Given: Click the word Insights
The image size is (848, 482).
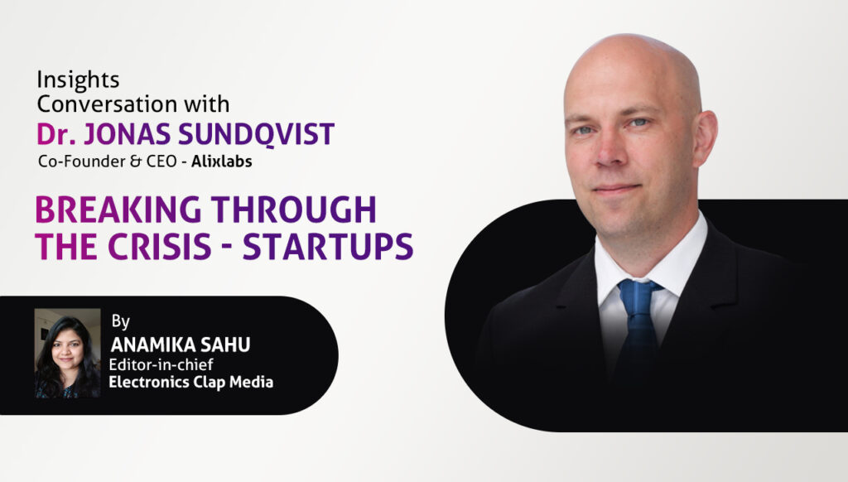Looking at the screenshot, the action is click(78, 80).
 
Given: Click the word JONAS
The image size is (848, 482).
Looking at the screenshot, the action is click(127, 134).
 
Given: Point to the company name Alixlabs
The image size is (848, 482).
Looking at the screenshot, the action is click(222, 161).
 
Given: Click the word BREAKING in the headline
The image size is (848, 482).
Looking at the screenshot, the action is click(118, 210).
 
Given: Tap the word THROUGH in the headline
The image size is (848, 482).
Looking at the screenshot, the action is click(294, 210).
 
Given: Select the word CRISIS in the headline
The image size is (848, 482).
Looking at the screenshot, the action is click(160, 247).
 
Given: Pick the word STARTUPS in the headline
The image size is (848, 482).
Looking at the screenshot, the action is click(328, 247).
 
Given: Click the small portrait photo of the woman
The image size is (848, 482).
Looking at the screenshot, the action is click(68, 354).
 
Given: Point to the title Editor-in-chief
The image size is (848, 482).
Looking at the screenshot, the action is click(161, 364).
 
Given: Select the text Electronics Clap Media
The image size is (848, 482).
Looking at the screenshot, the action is click(191, 382).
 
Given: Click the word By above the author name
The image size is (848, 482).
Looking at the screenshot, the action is click(121, 321).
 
